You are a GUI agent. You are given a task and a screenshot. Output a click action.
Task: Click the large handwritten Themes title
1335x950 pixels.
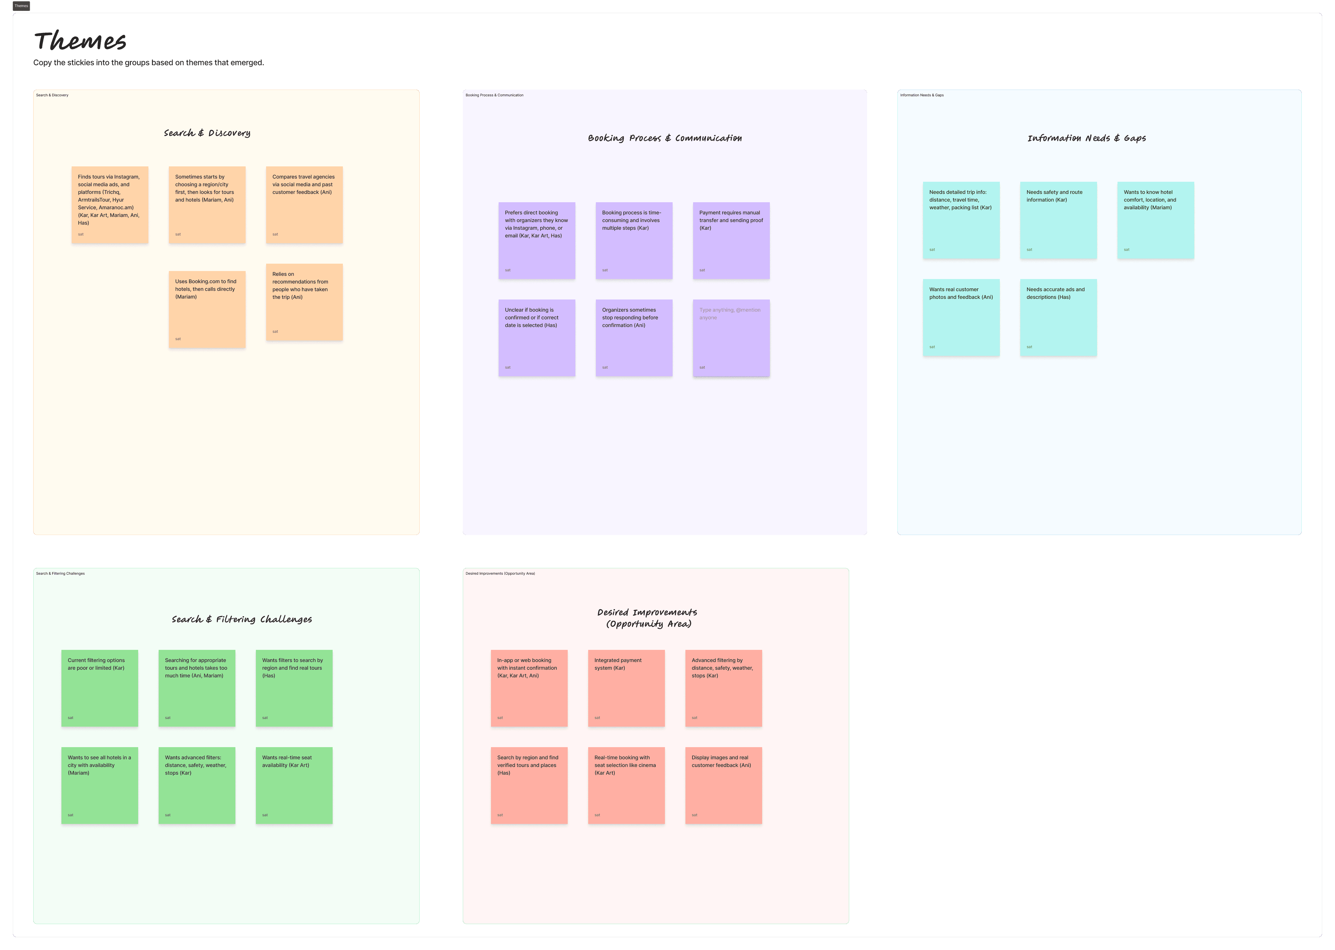80,41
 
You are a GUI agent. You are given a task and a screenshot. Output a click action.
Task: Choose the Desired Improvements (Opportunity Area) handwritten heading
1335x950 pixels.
647,618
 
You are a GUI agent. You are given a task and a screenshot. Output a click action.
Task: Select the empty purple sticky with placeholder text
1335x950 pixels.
731,338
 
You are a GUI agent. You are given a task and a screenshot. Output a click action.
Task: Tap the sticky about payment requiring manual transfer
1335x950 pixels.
731,240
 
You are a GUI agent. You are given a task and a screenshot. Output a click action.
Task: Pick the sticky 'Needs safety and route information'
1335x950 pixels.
1058,220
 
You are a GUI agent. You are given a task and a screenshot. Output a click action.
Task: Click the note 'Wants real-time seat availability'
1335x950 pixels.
294,785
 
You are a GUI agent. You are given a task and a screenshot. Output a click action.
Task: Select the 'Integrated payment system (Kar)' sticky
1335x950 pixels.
626,688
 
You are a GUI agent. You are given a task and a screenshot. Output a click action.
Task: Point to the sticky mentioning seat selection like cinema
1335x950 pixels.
626,785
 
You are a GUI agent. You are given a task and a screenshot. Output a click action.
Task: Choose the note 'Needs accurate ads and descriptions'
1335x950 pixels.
1058,317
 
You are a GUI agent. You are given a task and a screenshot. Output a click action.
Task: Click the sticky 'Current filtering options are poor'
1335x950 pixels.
99,688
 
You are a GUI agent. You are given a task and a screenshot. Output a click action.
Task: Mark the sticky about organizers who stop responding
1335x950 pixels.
634,338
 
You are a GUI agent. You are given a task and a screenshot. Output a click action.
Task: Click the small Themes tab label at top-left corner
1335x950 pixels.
21,6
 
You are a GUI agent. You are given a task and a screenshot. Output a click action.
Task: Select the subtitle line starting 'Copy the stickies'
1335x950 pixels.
148,63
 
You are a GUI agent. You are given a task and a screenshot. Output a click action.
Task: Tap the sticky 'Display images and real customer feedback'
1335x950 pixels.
723,785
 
